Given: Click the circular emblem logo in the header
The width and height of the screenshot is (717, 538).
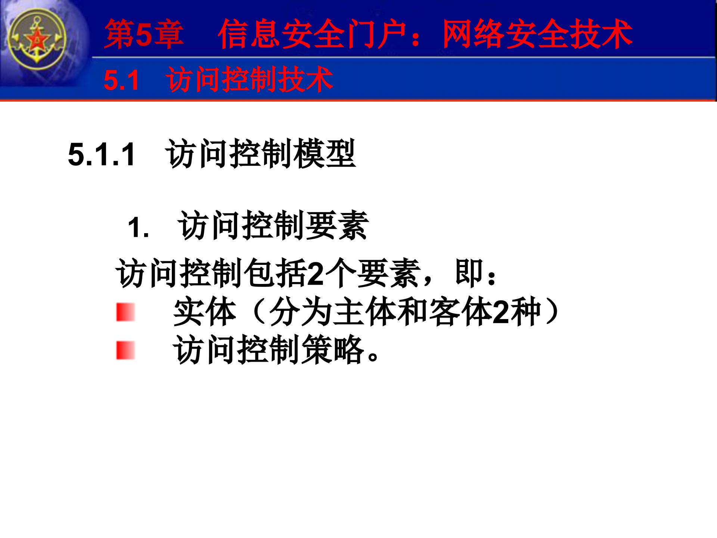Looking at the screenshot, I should pyautogui.click(x=37, y=40).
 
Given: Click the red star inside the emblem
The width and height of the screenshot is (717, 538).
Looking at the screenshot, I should pyautogui.click(x=37, y=39).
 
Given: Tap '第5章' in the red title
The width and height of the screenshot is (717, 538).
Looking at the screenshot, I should pyautogui.click(x=144, y=34).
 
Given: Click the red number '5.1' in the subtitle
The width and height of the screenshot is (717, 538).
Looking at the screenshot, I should pyautogui.click(x=121, y=80).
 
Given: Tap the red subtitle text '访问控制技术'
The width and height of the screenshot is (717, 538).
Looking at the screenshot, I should pyautogui.click(x=249, y=79).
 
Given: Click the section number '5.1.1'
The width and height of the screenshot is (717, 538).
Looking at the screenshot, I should pyautogui.click(x=102, y=154).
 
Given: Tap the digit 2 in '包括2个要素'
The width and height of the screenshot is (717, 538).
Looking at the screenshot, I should pyautogui.click(x=316, y=273).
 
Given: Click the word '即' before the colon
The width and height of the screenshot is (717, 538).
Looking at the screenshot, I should pyautogui.click(x=469, y=273).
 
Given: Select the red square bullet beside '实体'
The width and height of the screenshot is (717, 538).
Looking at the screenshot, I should pyautogui.click(x=125, y=312).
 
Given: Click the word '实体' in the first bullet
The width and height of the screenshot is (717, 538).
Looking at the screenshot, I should pyautogui.click(x=205, y=312).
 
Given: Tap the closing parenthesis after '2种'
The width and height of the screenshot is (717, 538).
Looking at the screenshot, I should pyautogui.click(x=553, y=312).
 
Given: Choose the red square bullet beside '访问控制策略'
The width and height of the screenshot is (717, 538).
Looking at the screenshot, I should pyautogui.click(x=125, y=350).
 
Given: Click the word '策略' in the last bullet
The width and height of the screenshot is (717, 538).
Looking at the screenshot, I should pyautogui.click(x=332, y=350).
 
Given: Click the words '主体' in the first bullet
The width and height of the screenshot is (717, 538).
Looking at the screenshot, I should pyautogui.click(x=364, y=312).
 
